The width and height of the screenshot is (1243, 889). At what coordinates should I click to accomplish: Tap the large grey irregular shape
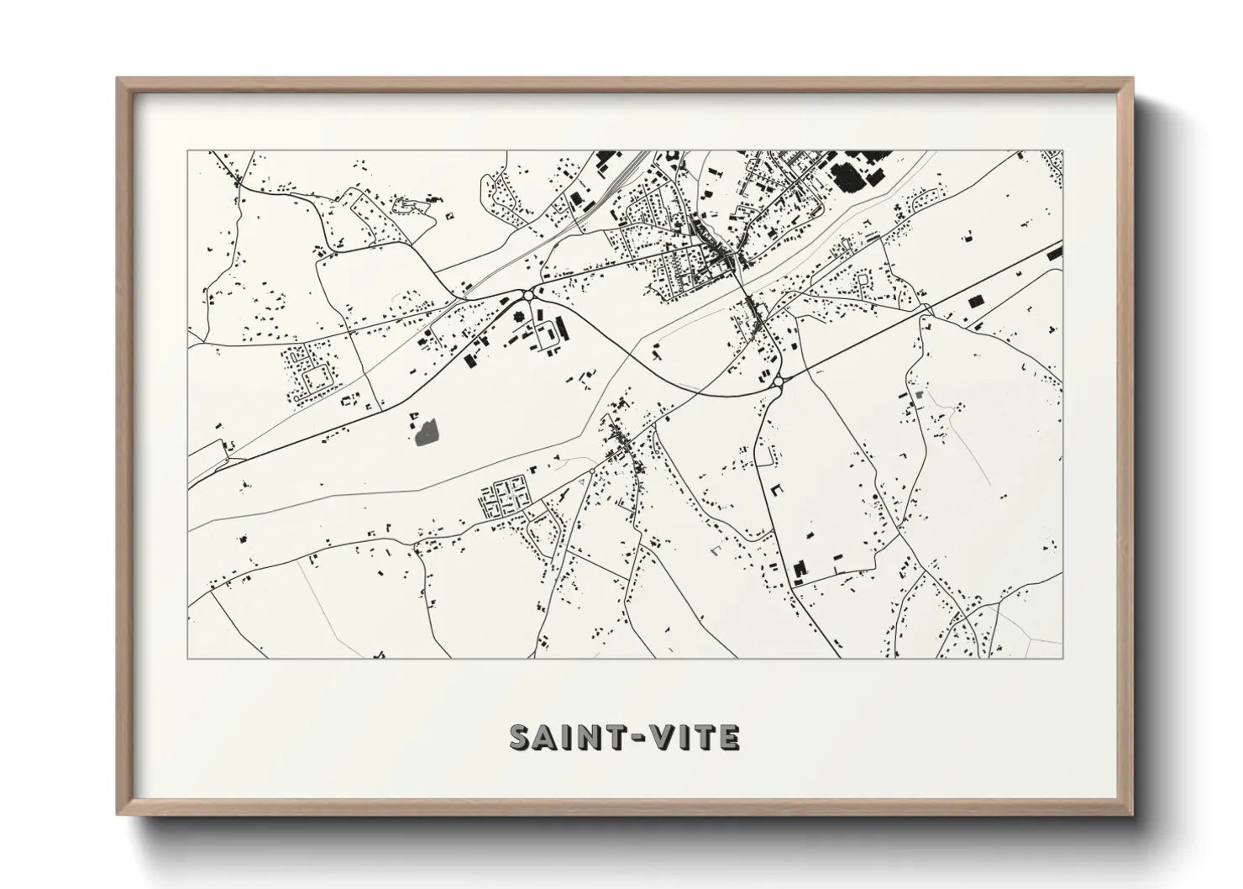click(x=427, y=433)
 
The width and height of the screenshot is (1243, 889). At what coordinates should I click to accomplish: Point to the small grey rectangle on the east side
click(x=918, y=393)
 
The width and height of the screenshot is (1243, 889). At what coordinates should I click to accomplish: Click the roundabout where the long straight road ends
click(x=779, y=382)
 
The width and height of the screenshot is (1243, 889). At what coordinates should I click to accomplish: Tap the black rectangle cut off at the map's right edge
click(x=1055, y=250)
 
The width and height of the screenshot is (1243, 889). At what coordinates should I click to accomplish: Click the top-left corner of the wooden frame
click(x=118, y=78)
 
